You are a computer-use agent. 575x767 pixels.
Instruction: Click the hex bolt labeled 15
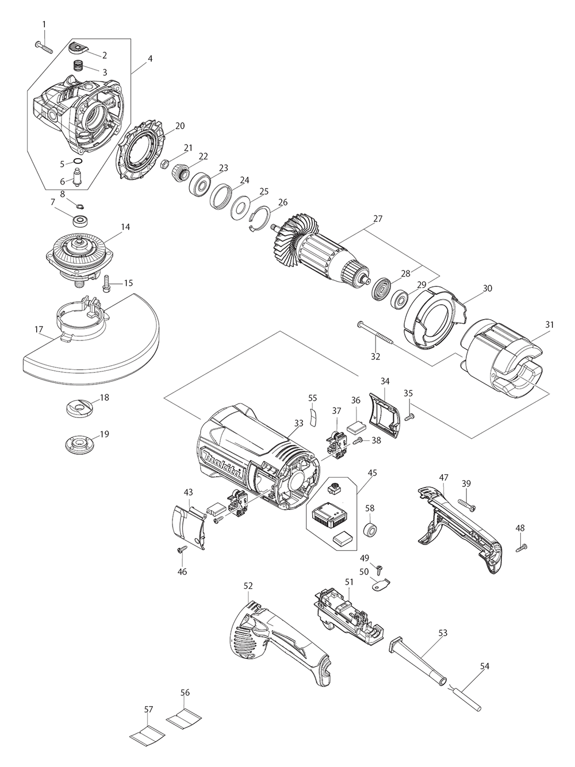108,282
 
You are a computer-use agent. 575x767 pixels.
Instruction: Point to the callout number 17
39,329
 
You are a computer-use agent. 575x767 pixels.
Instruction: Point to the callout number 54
485,666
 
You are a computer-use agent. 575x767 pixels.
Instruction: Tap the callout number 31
550,325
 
